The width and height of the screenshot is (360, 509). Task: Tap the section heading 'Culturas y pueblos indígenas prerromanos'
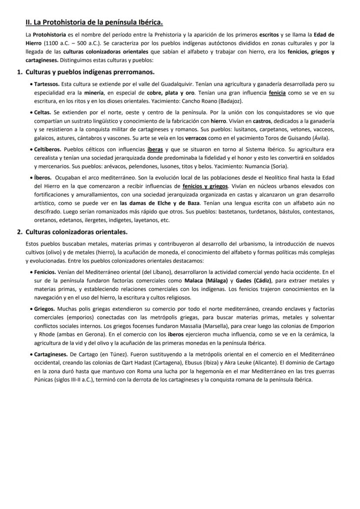click(90, 72)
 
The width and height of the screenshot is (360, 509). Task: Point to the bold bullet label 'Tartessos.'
click(47, 83)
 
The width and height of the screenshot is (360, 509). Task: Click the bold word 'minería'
click(94, 93)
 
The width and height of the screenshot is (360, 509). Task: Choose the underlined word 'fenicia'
click(277, 93)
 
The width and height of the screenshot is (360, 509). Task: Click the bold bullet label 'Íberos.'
click(43, 177)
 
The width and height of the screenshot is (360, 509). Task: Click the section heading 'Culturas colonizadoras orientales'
click(76, 232)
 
